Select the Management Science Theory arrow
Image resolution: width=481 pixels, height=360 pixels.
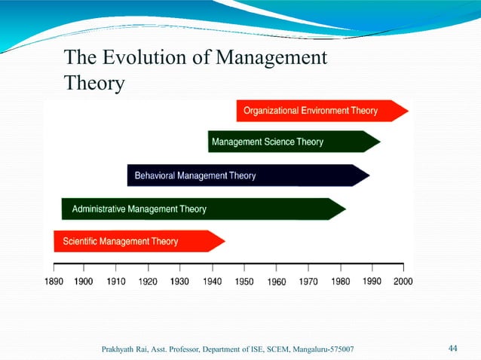294,142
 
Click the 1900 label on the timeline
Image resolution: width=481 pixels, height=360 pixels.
83,281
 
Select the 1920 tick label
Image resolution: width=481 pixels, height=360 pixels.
148,281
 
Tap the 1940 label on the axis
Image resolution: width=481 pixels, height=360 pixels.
212,281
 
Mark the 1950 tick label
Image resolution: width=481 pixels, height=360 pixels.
244,281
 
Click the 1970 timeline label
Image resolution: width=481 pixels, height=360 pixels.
308,281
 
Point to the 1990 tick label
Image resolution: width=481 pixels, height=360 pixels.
372,281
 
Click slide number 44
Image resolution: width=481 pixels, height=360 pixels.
453,348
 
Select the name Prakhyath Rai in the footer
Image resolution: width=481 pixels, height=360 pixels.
124,349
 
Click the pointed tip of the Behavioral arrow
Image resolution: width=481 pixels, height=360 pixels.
368,175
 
